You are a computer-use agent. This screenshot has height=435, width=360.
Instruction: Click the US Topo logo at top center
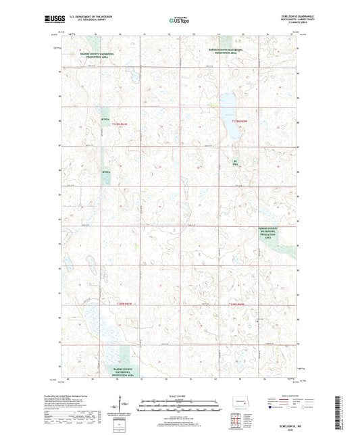coord(179,20)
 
